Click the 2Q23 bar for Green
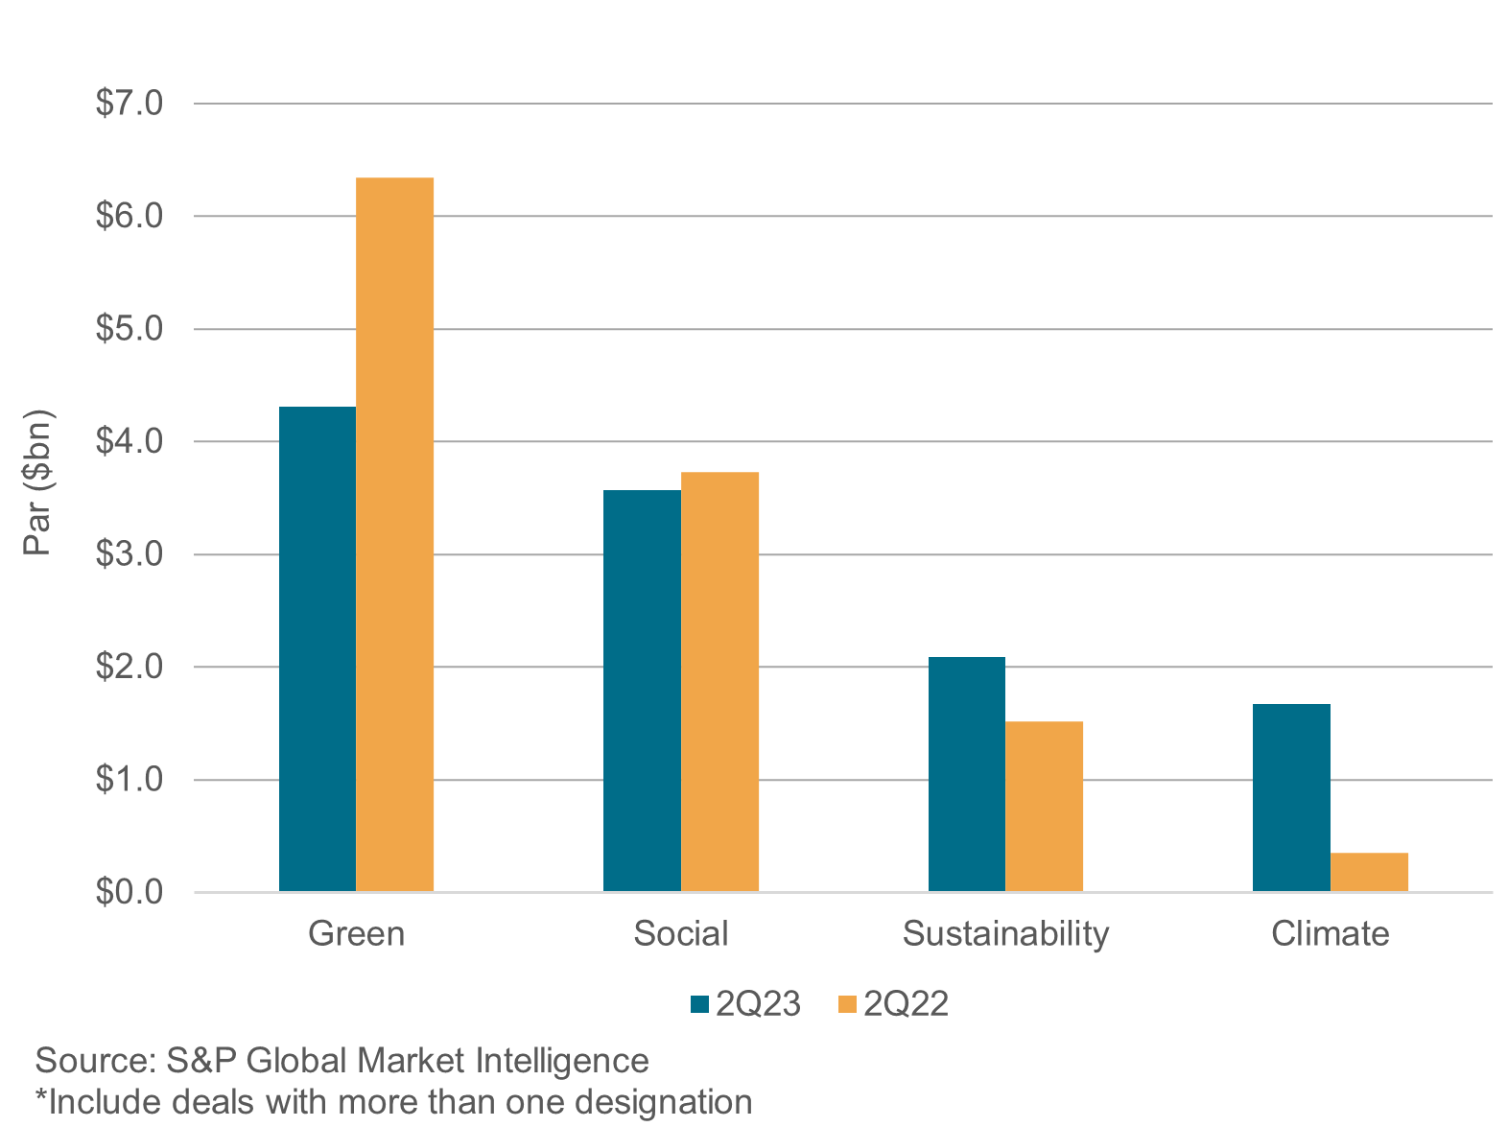tap(318, 649)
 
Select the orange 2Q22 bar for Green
tap(394, 534)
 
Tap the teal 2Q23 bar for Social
tap(642, 691)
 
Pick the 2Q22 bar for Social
tap(719, 682)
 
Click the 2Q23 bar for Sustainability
tap(967, 774)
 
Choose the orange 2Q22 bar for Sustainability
tap(1044, 806)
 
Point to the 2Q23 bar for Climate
tap(1291, 798)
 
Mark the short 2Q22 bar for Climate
tap(1369, 872)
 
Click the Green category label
tap(356, 933)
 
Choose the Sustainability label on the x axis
tap(1005, 933)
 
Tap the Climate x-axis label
tap(1330, 933)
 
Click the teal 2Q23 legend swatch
tap(699, 1004)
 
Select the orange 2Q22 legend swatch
tap(847, 1004)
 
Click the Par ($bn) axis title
tap(39, 483)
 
